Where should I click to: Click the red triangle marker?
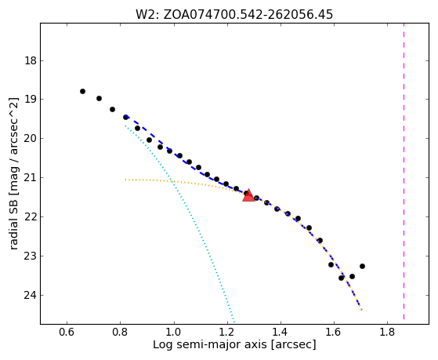pos(248,195)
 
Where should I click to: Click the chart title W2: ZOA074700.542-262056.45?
pos(234,14)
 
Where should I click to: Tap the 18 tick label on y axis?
pos(31,60)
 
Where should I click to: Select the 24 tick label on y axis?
pos(31,295)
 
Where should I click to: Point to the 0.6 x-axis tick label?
pos(67,332)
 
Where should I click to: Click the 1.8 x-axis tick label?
pos(387,332)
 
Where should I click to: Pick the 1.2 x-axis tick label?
pos(227,332)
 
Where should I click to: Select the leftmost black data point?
pos(82,91)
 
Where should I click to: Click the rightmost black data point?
pos(362,266)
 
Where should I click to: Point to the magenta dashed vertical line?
pos(404,171)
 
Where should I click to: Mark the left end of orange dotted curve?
pos(125,180)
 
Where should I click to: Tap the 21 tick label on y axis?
pos(31,177)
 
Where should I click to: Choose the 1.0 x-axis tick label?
pos(174,332)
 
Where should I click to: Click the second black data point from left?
pos(99,98)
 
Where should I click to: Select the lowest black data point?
pos(341,278)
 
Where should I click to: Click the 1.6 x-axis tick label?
pos(334,332)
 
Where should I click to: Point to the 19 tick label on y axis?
pos(31,100)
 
